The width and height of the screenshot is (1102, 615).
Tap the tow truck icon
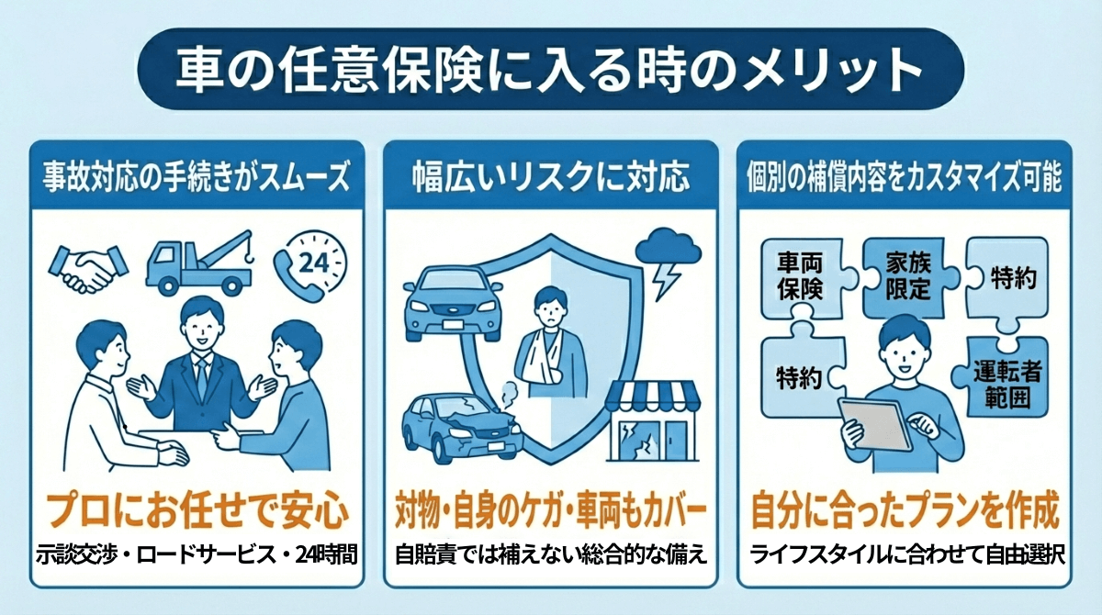[x=198, y=265]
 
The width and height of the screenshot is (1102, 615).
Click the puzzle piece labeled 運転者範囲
[x=1006, y=385]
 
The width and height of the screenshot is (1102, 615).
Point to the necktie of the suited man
[x=201, y=376]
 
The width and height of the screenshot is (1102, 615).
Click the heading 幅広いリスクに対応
[x=550, y=177]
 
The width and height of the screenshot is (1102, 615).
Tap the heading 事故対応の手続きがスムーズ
[x=197, y=177]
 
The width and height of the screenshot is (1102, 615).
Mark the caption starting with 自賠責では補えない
[x=551, y=555]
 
